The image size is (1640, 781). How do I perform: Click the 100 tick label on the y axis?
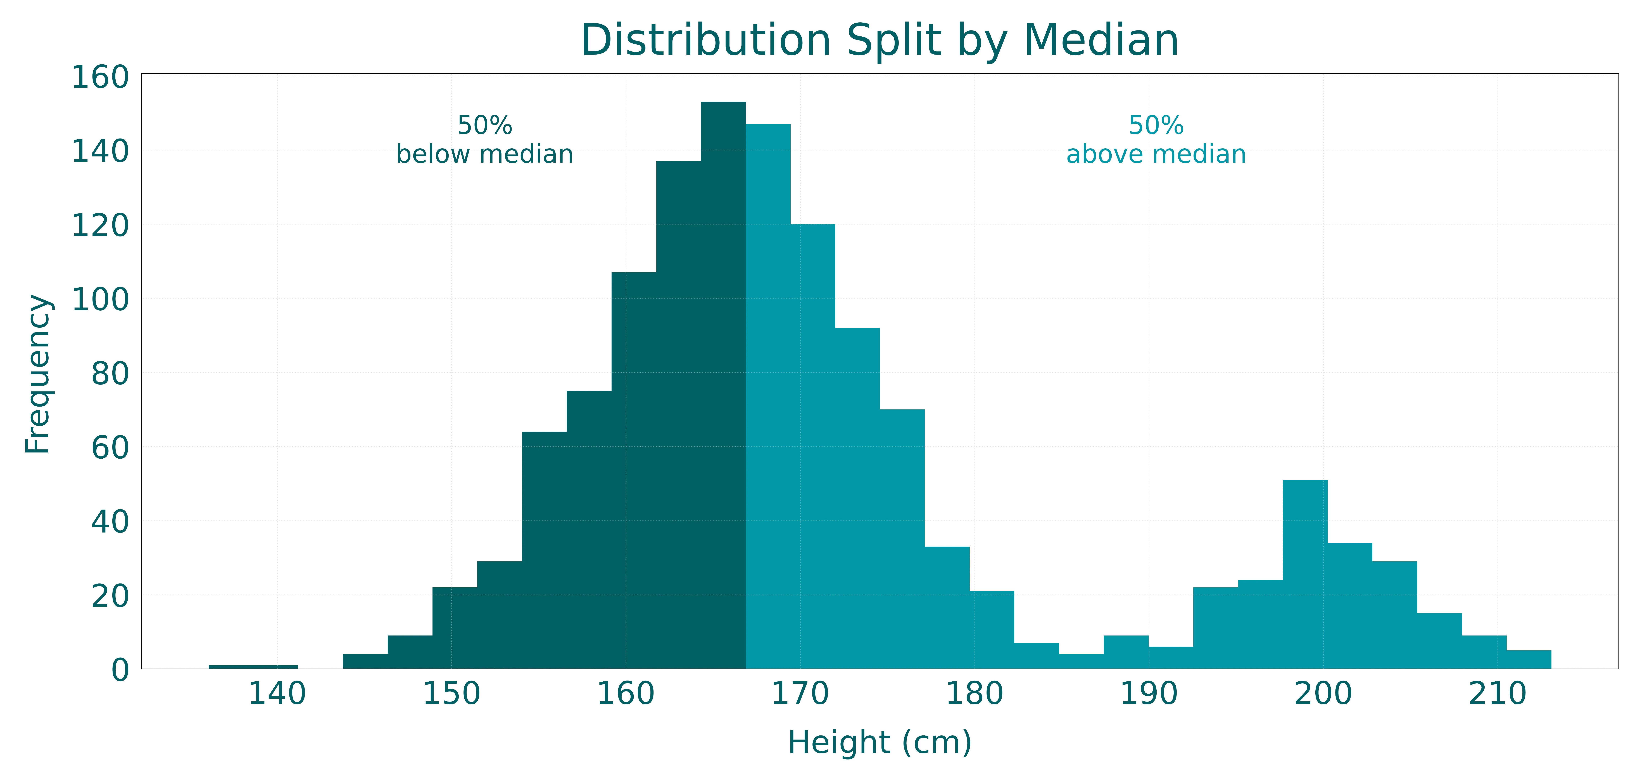coord(101,299)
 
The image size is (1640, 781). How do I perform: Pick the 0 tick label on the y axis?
coord(120,670)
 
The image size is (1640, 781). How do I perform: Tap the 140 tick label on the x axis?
coord(277,694)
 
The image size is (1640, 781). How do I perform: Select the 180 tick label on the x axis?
coord(974,694)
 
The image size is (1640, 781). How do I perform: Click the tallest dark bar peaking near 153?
coord(723,382)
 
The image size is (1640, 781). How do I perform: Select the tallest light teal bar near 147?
coord(768,395)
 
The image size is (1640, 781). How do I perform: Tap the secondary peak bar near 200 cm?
coord(1304,573)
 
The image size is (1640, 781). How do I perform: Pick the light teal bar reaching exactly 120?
coord(813,446)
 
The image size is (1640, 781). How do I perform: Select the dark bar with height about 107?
coord(633,471)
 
